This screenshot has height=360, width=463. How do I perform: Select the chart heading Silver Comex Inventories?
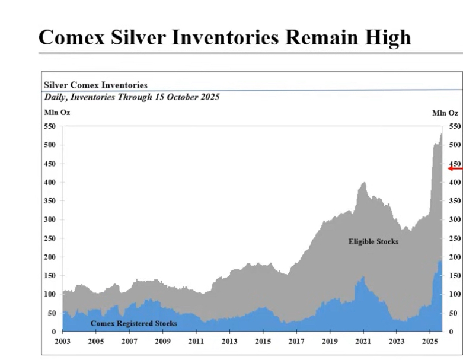click(x=95, y=85)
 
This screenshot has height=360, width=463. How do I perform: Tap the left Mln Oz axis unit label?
click(x=56, y=112)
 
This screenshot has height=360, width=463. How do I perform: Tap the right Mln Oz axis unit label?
click(x=445, y=112)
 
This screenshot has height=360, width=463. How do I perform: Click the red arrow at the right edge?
click(x=455, y=168)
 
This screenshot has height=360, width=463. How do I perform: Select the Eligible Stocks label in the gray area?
click(x=373, y=241)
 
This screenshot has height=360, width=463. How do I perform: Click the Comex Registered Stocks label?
click(x=133, y=323)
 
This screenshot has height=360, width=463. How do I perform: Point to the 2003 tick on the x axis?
click(x=62, y=342)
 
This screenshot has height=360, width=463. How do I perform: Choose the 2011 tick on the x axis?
click(x=196, y=342)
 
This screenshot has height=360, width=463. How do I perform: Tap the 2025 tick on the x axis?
click(x=429, y=342)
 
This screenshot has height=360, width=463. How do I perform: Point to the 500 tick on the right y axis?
click(x=455, y=145)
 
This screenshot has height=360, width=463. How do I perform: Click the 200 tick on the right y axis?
click(x=455, y=257)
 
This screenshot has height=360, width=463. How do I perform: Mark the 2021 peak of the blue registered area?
click(x=363, y=277)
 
